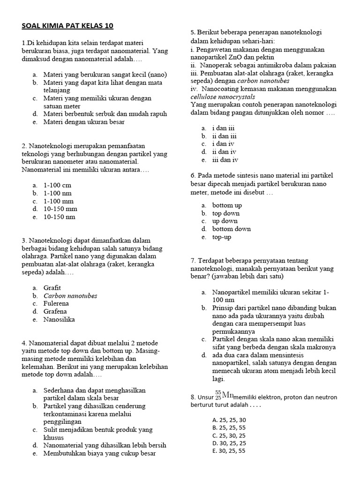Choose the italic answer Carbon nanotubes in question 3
tap(70, 296)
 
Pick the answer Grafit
tap(52, 287)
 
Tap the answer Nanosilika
tap(59, 320)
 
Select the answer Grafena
tap(55, 311)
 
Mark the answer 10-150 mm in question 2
tap(60, 209)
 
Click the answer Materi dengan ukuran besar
tap(84, 122)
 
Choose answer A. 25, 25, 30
tap(229, 420)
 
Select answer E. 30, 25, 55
tap(229, 451)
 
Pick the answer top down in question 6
tap(226, 213)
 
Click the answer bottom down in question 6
tap(231, 229)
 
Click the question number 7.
tap(193, 261)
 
